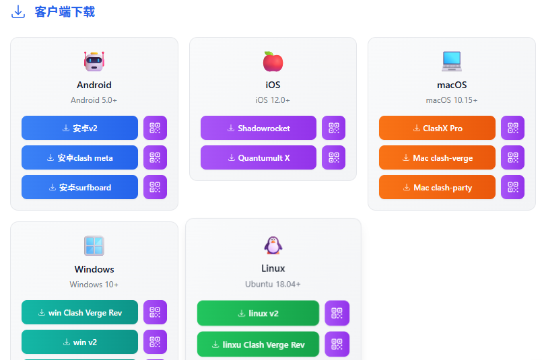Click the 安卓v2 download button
[x=79, y=128]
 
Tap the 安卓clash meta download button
[x=79, y=157]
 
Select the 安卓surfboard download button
[x=79, y=187]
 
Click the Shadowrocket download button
[x=259, y=128]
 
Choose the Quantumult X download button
[x=259, y=157]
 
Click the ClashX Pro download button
[x=437, y=128]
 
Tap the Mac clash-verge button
[x=437, y=157]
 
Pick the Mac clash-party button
[x=437, y=187]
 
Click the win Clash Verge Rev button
[x=79, y=312]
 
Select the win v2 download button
[x=79, y=342]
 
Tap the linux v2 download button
[x=258, y=314]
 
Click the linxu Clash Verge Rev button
[x=258, y=345]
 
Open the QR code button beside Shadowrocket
[x=333, y=128]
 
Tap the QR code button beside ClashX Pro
[x=512, y=128]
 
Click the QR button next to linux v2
[x=337, y=314]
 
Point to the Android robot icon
[x=94, y=61]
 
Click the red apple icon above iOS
[x=273, y=61]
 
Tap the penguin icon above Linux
[x=273, y=246]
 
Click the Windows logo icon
[x=94, y=246]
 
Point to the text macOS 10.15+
[x=451, y=100]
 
